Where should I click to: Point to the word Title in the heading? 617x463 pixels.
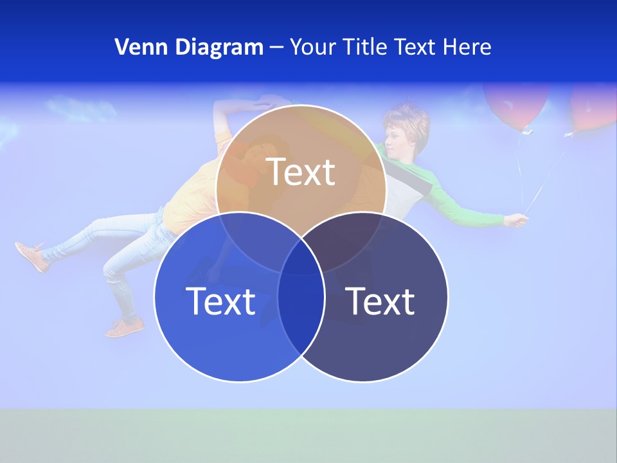click(x=366, y=47)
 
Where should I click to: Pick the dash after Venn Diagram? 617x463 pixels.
click(x=276, y=48)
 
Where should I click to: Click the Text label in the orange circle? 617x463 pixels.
click(x=301, y=172)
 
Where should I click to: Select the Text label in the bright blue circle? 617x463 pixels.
click(x=220, y=300)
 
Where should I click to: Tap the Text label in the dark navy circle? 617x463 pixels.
click(x=380, y=300)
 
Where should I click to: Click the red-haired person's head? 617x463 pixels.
click(x=404, y=129)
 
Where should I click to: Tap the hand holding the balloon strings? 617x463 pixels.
click(x=516, y=221)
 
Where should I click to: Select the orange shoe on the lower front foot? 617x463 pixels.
click(x=125, y=329)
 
